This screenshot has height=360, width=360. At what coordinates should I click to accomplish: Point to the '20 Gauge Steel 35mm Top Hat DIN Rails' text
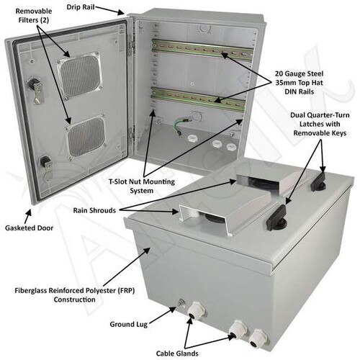pos(315,89)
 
